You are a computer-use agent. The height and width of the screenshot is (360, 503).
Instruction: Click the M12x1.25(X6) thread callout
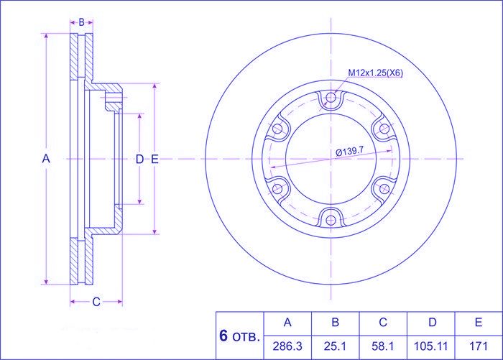point(375,73)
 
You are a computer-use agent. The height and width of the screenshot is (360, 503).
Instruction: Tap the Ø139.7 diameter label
point(349,150)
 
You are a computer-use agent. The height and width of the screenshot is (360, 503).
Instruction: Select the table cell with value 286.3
point(287,346)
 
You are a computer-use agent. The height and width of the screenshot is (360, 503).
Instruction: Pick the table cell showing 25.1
point(335,346)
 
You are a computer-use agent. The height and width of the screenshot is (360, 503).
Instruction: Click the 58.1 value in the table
point(383,346)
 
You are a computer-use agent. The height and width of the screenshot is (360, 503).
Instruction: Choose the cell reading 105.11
point(430,346)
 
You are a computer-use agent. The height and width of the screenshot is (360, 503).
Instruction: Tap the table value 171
point(479,346)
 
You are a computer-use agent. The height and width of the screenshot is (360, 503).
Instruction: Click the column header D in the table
point(432,322)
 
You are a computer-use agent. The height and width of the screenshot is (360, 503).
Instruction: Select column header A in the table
point(287,322)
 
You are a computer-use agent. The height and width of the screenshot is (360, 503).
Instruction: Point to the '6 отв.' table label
point(239,336)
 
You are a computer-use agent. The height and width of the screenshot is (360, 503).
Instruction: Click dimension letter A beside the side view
point(46,159)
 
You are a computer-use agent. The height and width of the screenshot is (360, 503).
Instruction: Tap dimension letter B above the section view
point(81,22)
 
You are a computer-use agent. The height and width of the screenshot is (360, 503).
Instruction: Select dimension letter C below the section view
point(96,302)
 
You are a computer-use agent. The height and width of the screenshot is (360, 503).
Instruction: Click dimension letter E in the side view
point(154,159)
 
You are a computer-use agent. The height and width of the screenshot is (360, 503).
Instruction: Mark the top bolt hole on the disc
point(331,97)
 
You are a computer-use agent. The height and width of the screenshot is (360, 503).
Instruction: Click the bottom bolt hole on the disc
point(331,220)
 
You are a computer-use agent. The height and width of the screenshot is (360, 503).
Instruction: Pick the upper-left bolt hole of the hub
point(277,129)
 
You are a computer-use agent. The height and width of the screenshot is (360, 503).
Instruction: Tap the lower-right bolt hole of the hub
point(384,189)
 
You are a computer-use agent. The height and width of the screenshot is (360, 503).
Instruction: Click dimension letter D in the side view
point(139,159)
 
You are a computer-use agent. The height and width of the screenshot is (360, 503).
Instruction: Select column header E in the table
point(479,322)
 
